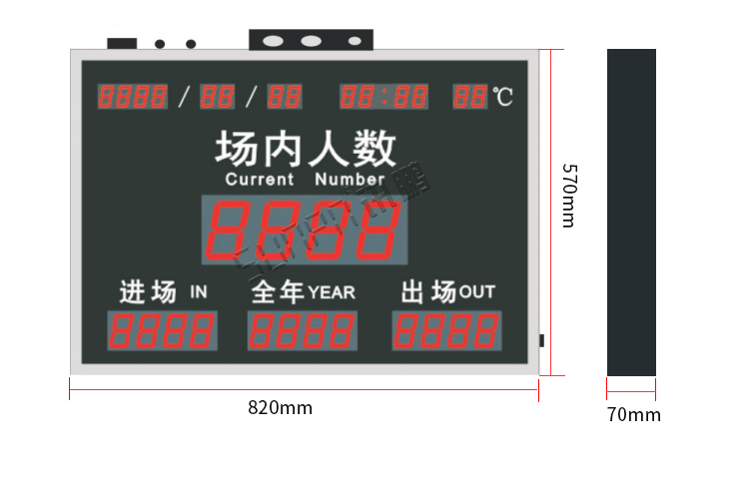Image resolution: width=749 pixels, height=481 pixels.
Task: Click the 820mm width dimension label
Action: pos(280,408)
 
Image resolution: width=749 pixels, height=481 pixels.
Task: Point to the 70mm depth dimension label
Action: pos(633,415)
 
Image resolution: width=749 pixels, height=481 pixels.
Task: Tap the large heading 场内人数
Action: pos(306,150)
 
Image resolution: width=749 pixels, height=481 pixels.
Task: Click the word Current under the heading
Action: pos(260,181)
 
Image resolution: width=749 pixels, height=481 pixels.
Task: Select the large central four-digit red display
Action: pos(305,230)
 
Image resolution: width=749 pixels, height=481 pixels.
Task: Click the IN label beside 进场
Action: pos(198,292)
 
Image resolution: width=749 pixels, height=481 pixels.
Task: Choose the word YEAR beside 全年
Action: pos(332,292)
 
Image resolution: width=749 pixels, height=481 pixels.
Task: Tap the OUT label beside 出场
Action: pos(476,292)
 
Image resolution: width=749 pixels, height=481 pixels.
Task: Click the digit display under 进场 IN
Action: pos(162,331)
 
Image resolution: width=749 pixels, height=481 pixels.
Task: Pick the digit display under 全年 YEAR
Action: pos(303,331)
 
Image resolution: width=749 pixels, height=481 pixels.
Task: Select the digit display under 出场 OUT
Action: pos(446,331)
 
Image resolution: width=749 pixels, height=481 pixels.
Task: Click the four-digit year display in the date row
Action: pos(133,97)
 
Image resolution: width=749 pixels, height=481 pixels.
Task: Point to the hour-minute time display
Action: pos(384,97)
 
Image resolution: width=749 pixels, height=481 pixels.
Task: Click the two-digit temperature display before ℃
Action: pos(470,97)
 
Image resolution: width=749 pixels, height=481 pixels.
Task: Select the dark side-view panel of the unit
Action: pos(631,212)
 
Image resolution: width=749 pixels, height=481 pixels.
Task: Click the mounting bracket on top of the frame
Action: pos(311,40)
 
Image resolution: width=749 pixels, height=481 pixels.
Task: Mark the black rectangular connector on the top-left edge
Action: pos(122,44)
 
